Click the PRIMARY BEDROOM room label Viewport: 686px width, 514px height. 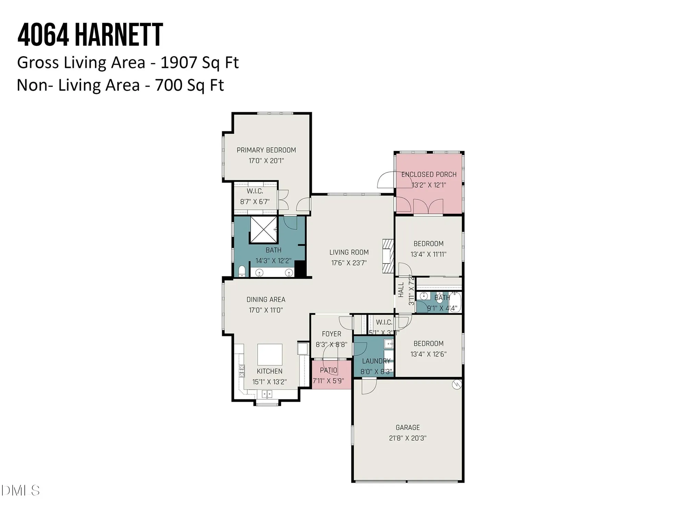pos(266,150)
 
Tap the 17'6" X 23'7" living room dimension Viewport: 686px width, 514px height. pos(349,263)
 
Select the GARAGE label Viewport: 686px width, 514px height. pos(407,427)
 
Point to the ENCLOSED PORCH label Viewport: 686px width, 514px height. pos(429,174)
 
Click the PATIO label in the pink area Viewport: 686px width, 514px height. pos(329,370)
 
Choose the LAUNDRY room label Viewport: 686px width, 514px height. pos(376,361)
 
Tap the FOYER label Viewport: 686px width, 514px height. pos(331,334)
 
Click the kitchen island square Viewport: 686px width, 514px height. pos(270,355)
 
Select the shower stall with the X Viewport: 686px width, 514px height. pos(263,229)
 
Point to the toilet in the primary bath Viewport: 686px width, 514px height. pos(242,271)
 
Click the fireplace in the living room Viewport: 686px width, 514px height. pos(388,256)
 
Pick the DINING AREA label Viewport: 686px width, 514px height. pos(266,299)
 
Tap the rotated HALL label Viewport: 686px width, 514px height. pos(401,290)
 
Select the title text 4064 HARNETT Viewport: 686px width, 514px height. pos(90,35)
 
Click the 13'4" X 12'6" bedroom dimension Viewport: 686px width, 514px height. pos(428,354)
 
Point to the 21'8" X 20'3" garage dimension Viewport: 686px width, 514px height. pos(407,438)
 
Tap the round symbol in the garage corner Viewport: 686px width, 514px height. pos(457,385)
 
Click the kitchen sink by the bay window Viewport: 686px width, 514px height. pos(267,394)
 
